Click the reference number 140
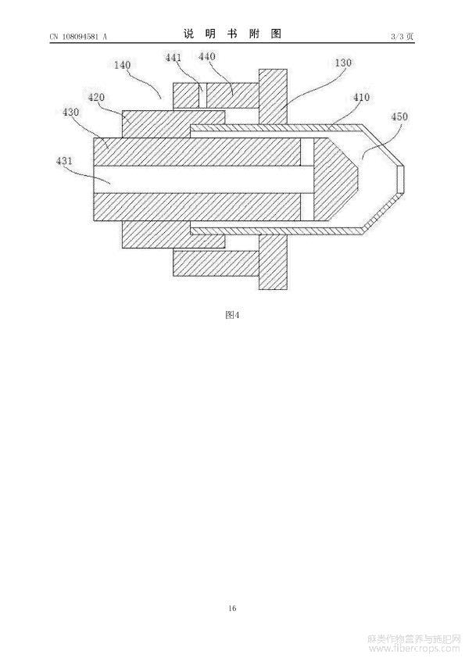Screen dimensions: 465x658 [122, 65]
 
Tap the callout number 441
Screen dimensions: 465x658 [173, 58]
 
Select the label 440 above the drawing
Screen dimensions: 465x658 [206, 56]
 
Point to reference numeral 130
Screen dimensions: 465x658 [343, 63]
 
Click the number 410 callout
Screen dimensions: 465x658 [361, 98]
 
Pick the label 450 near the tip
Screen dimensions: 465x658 [399, 116]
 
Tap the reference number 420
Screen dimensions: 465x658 [96, 98]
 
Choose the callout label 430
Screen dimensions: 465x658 [70, 112]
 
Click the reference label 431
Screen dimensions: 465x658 [64, 160]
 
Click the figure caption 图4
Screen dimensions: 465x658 [232, 315]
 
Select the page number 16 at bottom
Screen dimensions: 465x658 [232, 608]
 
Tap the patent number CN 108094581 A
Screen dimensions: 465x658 [78, 37]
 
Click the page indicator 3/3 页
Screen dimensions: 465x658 [402, 37]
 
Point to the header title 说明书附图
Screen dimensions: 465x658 [232, 34]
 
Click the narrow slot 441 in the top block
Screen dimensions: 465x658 [202, 95]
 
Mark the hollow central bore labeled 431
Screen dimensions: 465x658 [203, 180]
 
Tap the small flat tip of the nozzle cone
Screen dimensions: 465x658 [400, 180]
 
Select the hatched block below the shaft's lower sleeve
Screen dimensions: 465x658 [216, 263]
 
